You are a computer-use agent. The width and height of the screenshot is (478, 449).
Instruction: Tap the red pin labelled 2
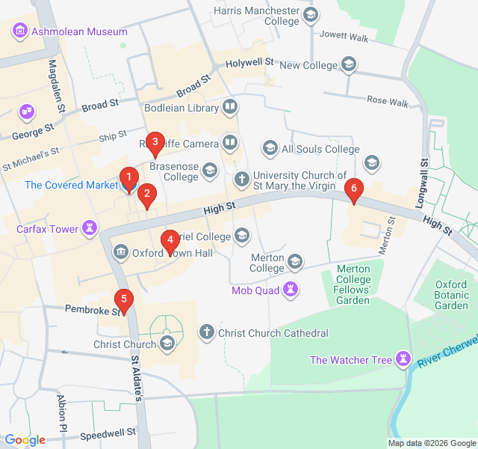[146, 195]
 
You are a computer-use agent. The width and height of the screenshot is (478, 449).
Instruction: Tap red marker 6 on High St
[354, 189]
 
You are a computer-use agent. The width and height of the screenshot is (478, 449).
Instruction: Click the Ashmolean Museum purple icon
[19, 31]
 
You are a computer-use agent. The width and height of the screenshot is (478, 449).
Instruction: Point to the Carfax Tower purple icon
[90, 227]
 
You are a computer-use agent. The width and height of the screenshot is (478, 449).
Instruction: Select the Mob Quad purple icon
[291, 289]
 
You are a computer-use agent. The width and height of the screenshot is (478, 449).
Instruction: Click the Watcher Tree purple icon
[404, 360]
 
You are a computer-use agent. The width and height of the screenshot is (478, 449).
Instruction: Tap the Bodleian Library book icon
[231, 108]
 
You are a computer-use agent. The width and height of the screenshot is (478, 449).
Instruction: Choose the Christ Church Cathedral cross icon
[207, 332]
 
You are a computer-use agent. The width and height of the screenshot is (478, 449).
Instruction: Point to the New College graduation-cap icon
[349, 66]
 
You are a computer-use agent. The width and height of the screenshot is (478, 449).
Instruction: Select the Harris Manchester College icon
[311, 14]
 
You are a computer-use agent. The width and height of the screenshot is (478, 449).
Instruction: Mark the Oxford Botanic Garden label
[452, 295]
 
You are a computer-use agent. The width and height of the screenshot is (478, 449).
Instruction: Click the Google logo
[25, 440]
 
